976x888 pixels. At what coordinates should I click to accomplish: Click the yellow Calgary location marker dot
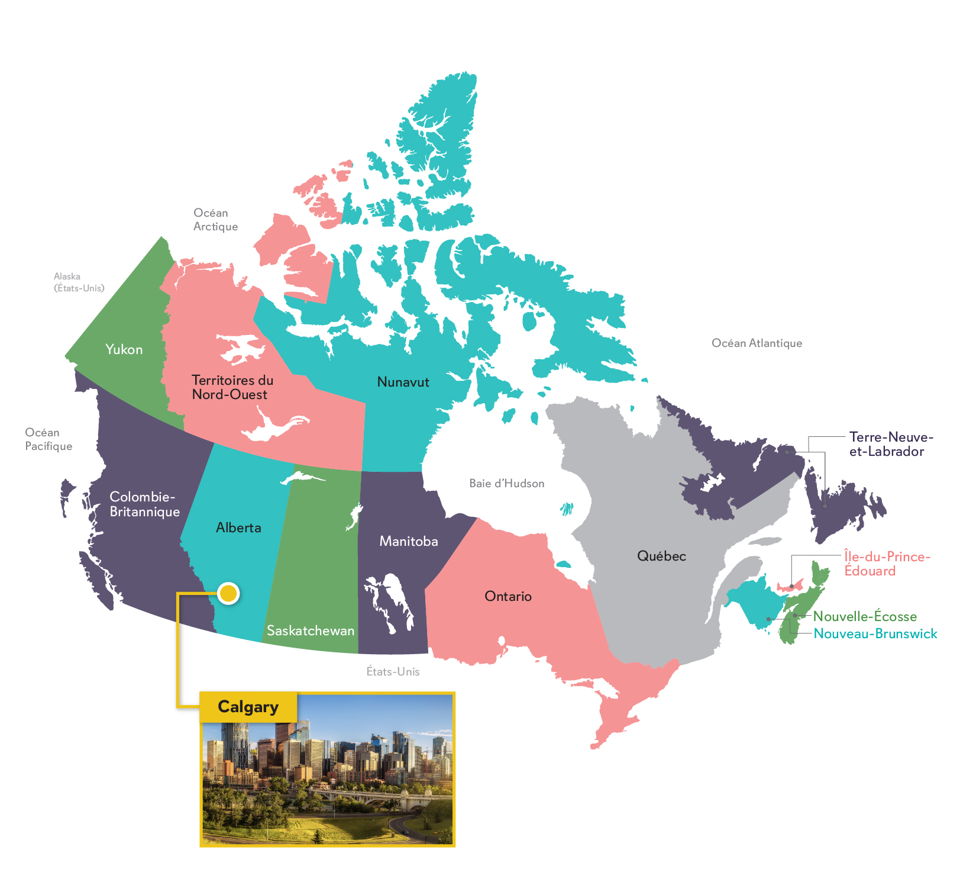coord(228,593)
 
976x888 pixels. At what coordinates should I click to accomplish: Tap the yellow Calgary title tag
coord(248,707)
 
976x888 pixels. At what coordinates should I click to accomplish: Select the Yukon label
coord(124,349)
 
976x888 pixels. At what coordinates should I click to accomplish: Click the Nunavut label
coord(403,382)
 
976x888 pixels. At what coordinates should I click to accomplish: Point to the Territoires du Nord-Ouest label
coord(232,387)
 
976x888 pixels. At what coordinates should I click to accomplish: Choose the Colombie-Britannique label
coord(144,504)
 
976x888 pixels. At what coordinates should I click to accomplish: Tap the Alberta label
coord(238,527)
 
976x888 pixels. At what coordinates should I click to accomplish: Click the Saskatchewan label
coord(311,630)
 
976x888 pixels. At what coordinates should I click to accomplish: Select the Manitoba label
coord(409,541)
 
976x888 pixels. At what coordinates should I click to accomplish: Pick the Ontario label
coord(508,596)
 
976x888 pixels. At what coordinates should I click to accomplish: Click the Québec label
coord(661,556)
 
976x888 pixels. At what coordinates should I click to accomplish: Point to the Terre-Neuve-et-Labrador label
coord(891,444)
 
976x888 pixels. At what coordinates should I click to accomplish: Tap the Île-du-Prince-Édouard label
coord(887,564)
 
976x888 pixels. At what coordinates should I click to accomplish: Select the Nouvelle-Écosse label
coord(865,616)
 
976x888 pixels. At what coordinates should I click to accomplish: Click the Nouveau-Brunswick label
coord(875,633)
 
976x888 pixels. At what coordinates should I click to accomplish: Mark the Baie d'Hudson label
coord(506,483)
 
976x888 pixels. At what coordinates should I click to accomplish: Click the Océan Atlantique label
coord(757,343)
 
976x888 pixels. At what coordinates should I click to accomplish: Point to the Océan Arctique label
coord(215,220)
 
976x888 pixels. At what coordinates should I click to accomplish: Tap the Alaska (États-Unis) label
coord(79,282)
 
